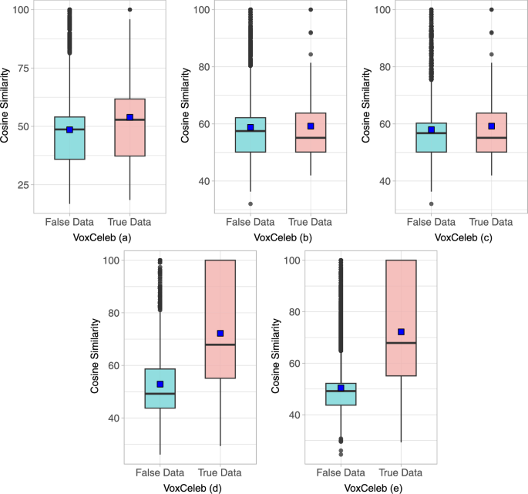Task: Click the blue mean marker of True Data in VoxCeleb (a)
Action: [129, 117]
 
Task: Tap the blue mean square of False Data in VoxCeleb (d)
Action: [160, 384]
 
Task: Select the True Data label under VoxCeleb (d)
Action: [219, 472]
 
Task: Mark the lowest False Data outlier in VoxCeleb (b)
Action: [250, 204]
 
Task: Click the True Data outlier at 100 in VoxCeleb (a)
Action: [129, 10]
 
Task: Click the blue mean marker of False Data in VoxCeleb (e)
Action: [341, 388]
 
